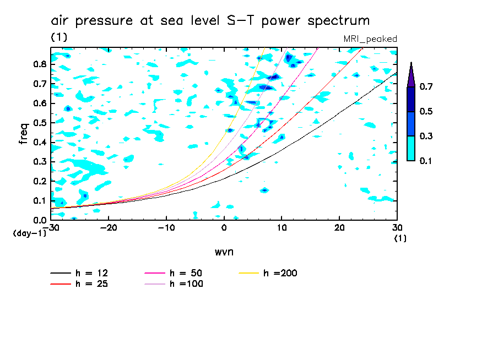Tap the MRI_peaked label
pyautogui.click(x=370, y=39)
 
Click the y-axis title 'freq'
pyautogui.click(x=23, y=134)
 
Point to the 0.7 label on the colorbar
pyautogui.click(x=425, y=87)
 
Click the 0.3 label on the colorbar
pyautogui.click(x=425, y=136)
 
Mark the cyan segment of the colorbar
pyautogui.click(x=411, y=148)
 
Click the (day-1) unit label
pyautogui.click(x=29, y=233)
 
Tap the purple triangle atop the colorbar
pyautogui.click(x=411, y=75)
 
